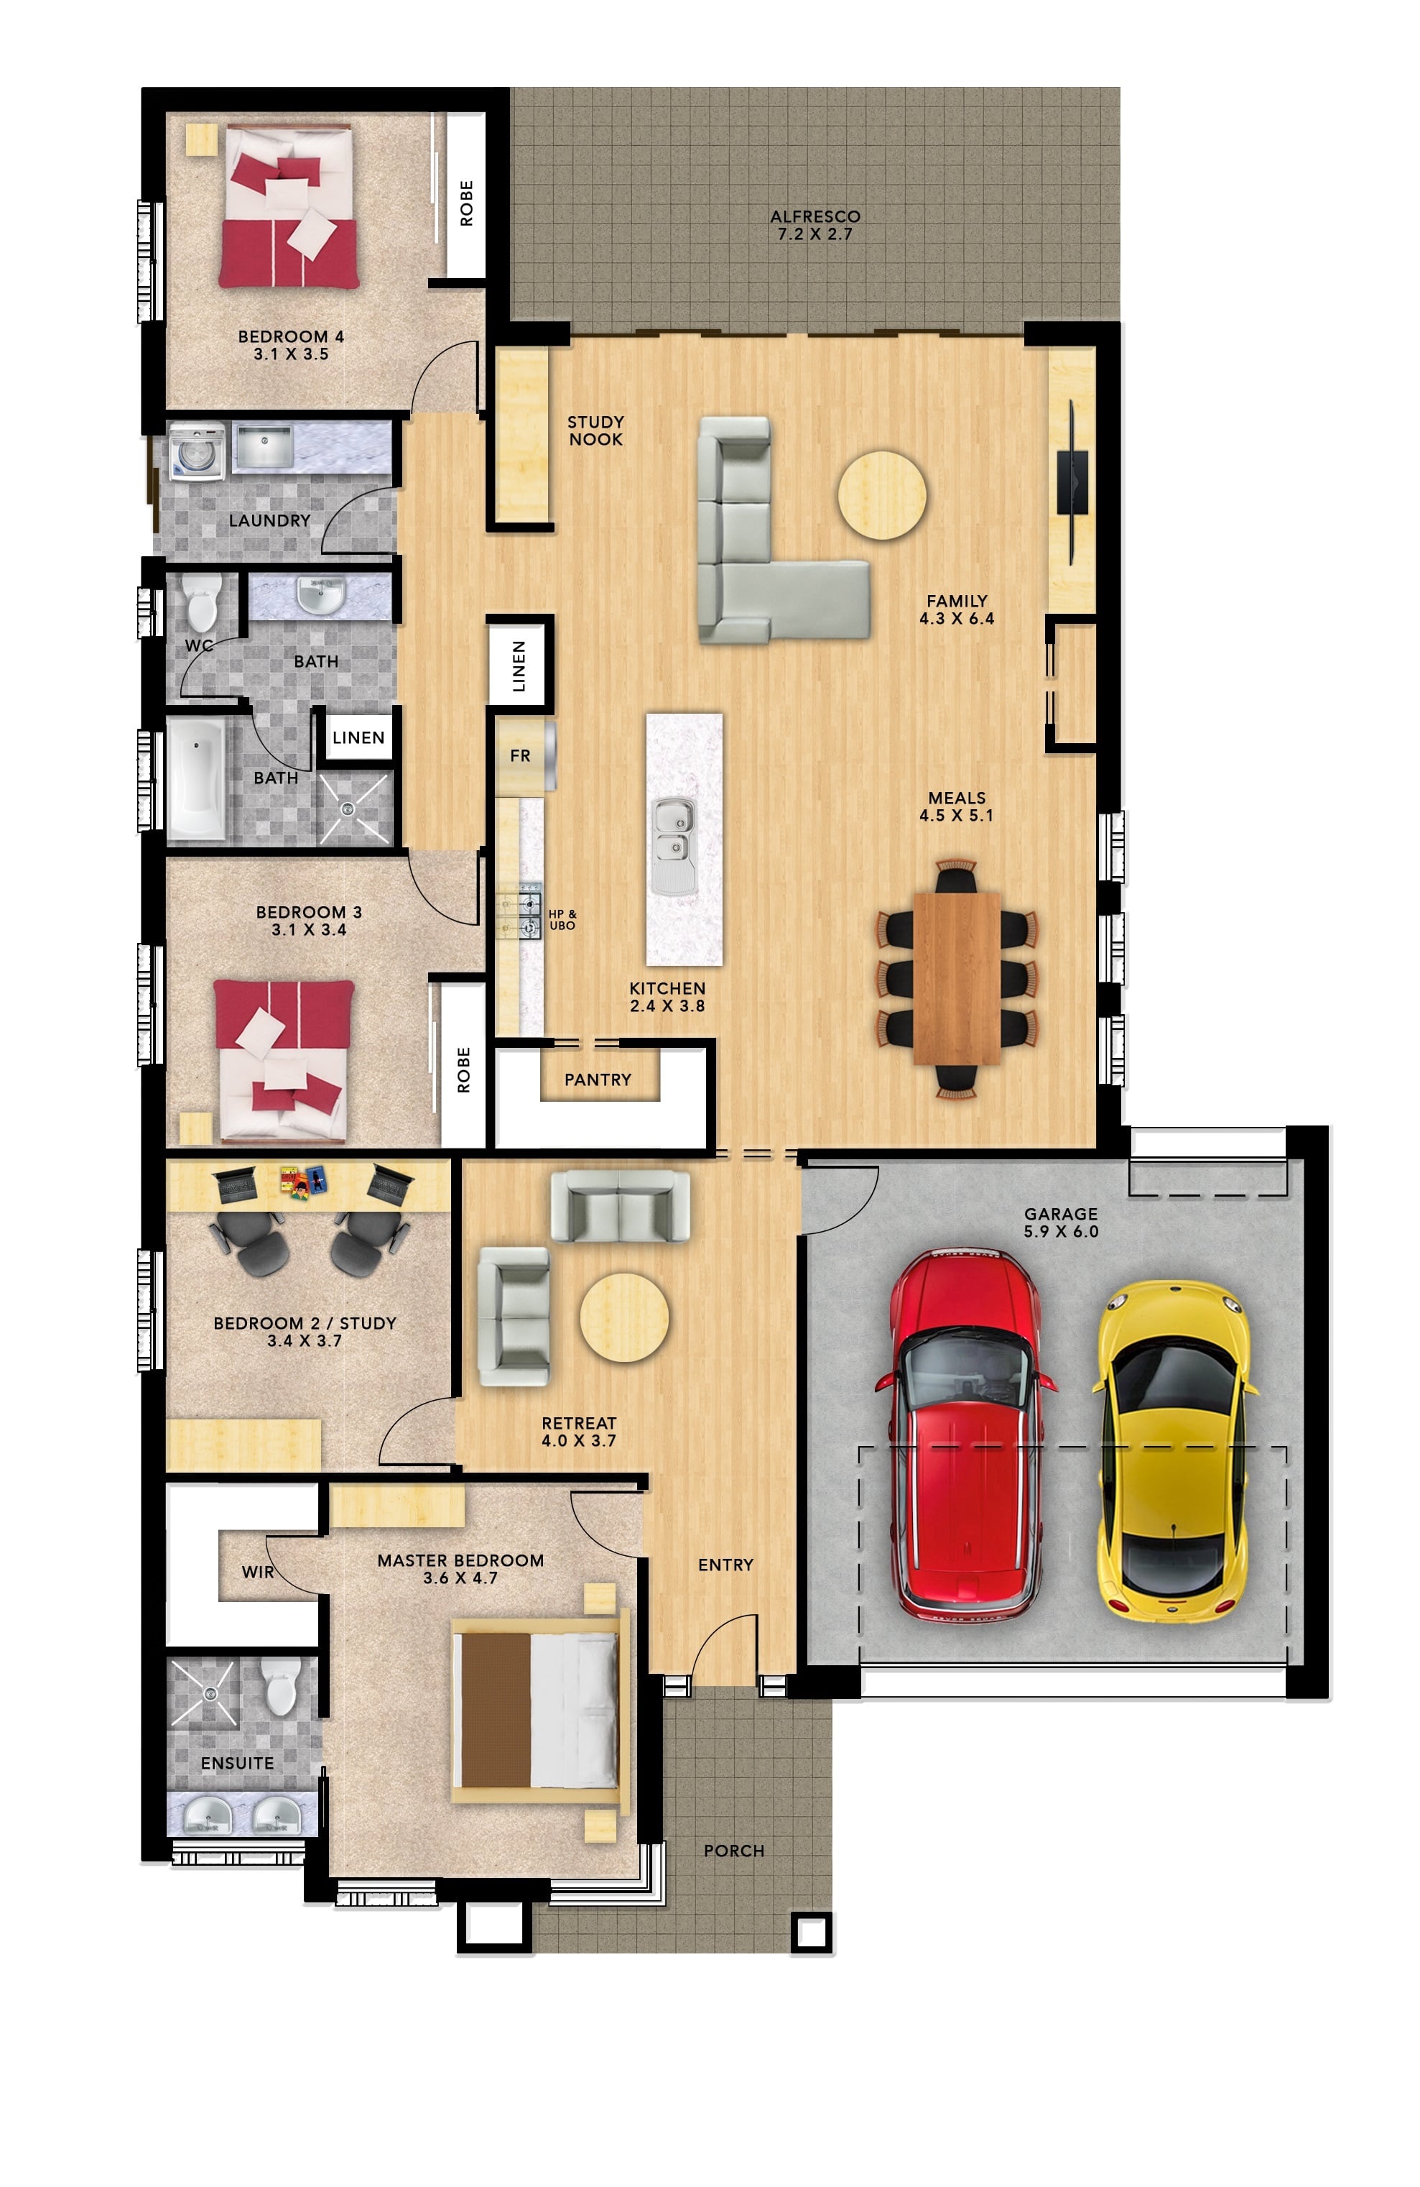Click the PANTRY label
tap(598, 1079)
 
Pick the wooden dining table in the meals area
tap(956, 977)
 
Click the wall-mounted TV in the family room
tap(1071, 482)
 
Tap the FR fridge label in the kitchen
tap(520, 755)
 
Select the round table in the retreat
tap(623, 1317)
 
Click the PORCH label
tap(734, 1851)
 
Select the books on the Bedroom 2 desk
tap(303, 1181)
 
